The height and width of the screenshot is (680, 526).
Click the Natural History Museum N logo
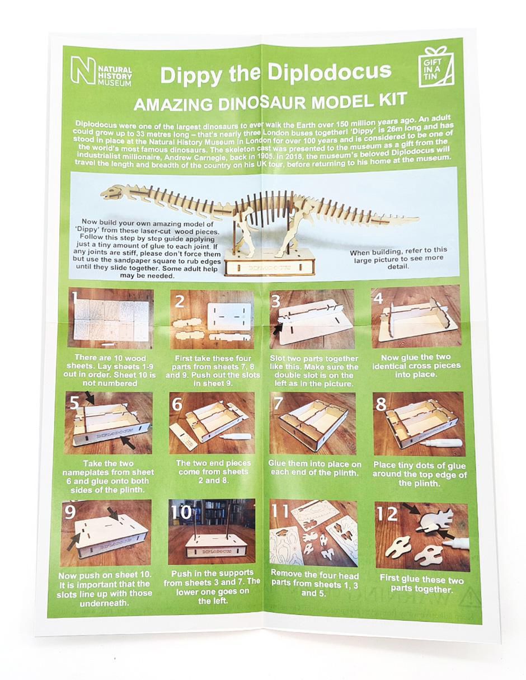click(x=83, y=71)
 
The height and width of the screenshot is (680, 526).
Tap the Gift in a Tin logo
click(x=436, y=67)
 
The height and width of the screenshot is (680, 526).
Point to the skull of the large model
click(x=112, y=191)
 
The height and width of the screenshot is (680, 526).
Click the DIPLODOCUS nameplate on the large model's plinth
click(x=269, y=268)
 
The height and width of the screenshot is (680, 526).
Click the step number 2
click(x=179, y=301)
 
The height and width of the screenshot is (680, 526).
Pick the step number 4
click(x=378, y=298)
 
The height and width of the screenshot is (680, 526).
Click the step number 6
click(x=177, y=404)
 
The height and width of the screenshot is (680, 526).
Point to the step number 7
click(x=278, y=404)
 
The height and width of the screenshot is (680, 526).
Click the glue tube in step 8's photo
click(x=442, y=443)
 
